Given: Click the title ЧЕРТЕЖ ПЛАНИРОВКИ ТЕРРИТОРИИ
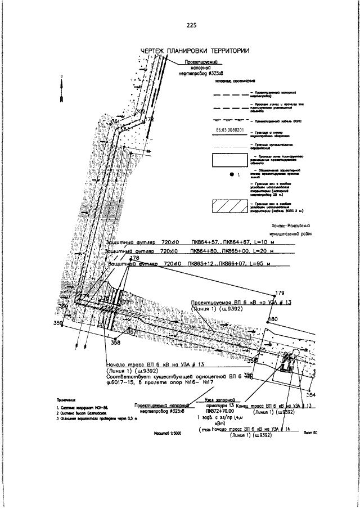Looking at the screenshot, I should [195, 51].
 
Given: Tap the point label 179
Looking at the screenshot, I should [280, 294].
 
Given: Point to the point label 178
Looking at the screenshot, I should [134, 258].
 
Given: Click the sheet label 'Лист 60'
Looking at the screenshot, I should [310, 433].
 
